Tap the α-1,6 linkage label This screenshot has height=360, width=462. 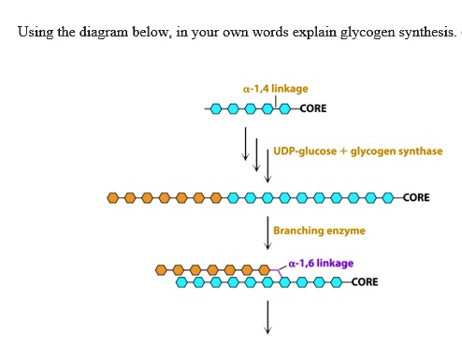click(x=321, y=263)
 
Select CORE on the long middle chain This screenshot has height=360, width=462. click(x=416, y=198)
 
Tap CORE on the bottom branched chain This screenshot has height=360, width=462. click(x=365, y=281)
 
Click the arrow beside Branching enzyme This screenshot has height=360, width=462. click(x=267, y=231)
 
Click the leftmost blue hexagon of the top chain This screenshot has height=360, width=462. click(x=215, y=109)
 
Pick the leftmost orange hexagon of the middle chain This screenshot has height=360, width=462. click(x=113, y=198)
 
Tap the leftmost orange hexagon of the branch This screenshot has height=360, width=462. click(x=161, y=270)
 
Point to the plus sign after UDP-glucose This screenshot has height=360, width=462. click(x=342, y=151)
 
